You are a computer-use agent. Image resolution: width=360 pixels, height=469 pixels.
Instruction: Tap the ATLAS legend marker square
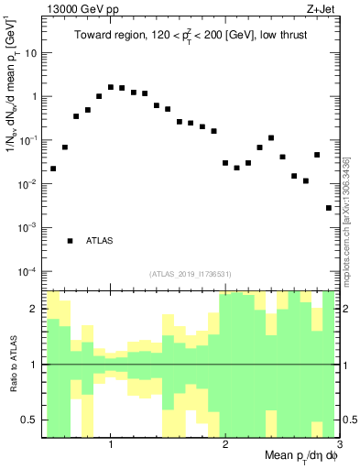click(70, 241)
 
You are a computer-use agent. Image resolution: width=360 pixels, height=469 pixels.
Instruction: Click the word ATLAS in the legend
click(99, 241)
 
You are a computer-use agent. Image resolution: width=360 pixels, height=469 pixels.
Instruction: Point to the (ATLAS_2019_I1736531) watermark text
click(190, 273)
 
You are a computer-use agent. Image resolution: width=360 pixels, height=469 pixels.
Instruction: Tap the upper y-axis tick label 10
click(29, 52)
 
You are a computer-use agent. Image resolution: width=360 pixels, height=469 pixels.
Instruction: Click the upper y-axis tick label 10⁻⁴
click(27, 272)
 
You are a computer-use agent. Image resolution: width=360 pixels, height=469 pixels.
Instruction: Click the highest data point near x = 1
click(111, 87)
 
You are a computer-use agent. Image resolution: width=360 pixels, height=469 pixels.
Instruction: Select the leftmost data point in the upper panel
click(53, 169)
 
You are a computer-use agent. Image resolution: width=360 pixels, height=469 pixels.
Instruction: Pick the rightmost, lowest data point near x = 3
click(329, 208)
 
